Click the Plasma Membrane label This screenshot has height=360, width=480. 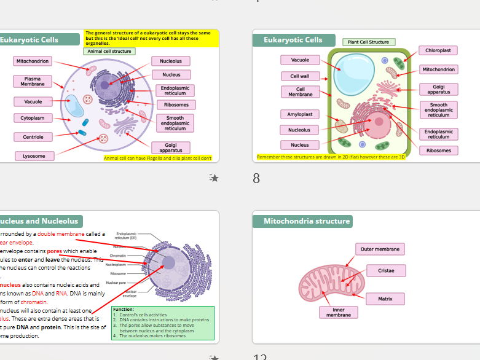pyautogui.click(x=33, y=81)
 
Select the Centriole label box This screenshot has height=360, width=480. pyautogui.click(x=33, y=137)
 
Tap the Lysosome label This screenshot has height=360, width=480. pyautogui.click(x=34, y=156)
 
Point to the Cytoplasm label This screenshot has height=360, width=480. pyautogui.click(x=33, y=118)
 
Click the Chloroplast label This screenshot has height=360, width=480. pyautogui.click(x=439, y=50)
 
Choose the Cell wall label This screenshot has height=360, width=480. pyautogui.click(x=300, y=76)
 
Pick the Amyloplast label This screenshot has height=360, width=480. pyautogui.click(x=300, y=114)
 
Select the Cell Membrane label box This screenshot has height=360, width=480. pyautogui.click(x=300, y=92)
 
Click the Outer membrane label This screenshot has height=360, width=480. pyautogui.click(x=380, y=249)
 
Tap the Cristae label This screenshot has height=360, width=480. pyautogui.click(x=386, y=271)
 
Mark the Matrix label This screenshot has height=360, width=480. pyautogui.click(x=385, y=299)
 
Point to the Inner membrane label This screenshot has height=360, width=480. pyautogui.click(x=339, y=312)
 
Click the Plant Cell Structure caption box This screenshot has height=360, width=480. pyautogui.click(x=368, y=42)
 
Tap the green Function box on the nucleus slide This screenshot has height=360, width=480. pyautogui.click(x=162, y=323)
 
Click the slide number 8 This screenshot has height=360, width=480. pyautogui.click(x=256, y=179)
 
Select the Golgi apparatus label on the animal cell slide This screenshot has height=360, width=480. pyautogui.click(x=171, y=147)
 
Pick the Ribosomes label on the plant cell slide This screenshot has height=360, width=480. pyautogui.click(x=438, y=151)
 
